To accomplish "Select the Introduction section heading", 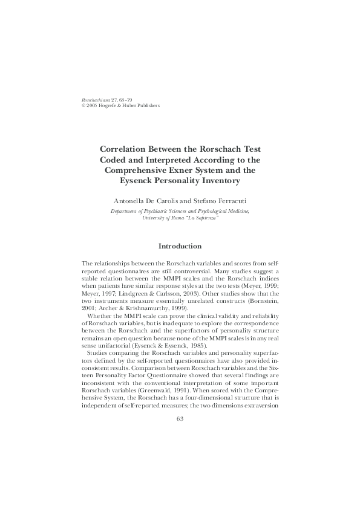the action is (180, 246).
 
